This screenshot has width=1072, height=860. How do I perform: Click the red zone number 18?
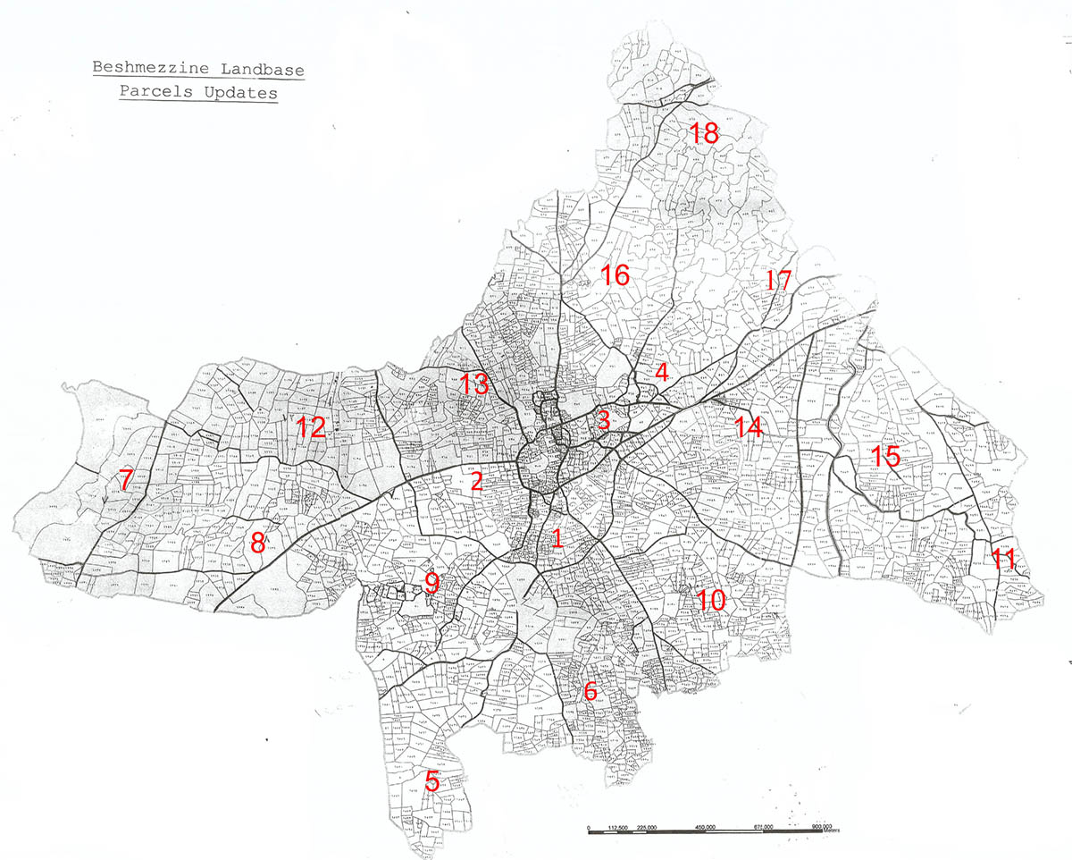[704, 134]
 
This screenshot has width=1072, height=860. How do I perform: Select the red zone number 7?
[126, 480]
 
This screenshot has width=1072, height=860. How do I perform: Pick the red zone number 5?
[432, 780]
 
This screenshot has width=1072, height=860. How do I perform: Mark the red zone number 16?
[616, 275]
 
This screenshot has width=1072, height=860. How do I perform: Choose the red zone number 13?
[475, 385]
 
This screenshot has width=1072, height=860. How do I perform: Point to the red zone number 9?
[432, 584]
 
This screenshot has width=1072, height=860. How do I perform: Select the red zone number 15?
[885, 458]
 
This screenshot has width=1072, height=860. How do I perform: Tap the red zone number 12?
[310, 427]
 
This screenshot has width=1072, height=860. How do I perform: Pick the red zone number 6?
[590, 691]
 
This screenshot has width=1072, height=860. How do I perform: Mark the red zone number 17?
[778, 281]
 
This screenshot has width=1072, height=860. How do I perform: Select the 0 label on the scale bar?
[589, 827]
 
